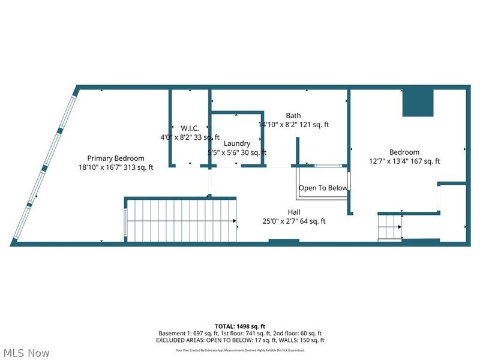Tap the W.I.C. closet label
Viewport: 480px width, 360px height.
pyautogui.click(x=190, y=128)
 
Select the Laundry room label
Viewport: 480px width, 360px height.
pyautogui.click(x=236, y=143)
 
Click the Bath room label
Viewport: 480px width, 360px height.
pyautogui.click(x=293, y=116)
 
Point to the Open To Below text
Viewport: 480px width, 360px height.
pyautogui.click(x=323, y=188)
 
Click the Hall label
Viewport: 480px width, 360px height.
pyautogui.click(x=294, y=212)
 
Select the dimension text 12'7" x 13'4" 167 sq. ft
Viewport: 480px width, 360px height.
pyautogui.click(x=404, y=161)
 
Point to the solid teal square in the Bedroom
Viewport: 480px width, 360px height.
pyautogui.click(x=418, y=102)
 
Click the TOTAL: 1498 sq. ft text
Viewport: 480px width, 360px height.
pyautogui.click(x=240, y=325)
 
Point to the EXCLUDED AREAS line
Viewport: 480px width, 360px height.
pyautogui.click(x=240, y=340)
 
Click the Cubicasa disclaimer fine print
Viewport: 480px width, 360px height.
pyautogui.click(x=240, y=349)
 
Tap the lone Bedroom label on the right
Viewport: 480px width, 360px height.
pyautogui.click(x=404, y=152)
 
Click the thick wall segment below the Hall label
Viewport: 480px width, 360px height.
pyautogui.click(x=283, y=242)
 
